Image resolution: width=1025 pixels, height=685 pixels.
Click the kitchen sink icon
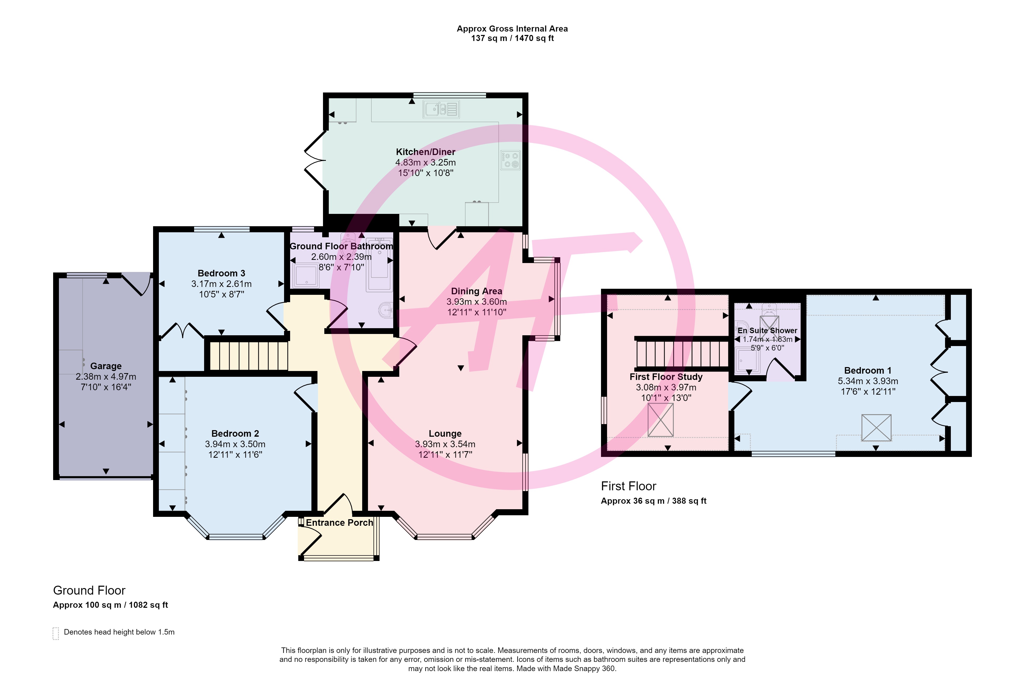[441, 109]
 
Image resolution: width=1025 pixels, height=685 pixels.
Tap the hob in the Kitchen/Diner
[510, 160]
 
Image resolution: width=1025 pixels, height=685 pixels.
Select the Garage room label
[106, 366]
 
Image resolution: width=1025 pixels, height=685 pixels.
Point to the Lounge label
[445, 433]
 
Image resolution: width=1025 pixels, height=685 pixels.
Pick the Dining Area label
[477, 291]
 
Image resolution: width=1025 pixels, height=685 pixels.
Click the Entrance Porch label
[339, 523]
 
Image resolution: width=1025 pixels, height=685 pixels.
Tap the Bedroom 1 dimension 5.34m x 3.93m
[868, 381]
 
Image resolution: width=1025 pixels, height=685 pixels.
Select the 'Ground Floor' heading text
[89, 591]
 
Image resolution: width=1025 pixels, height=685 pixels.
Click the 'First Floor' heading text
[628, 486]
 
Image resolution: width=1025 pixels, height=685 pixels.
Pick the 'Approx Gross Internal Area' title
[512, 29]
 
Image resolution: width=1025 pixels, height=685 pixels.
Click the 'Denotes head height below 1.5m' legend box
[55, 634]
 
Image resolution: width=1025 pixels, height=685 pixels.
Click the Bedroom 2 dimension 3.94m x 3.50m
[235, 444]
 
